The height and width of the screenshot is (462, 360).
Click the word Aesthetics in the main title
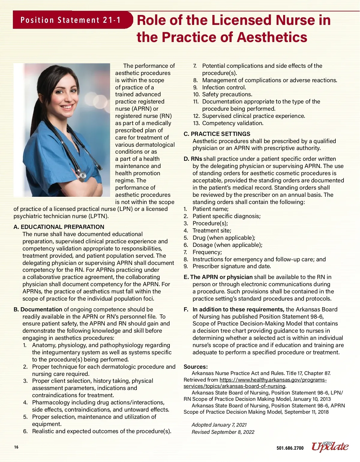tap(272, 37)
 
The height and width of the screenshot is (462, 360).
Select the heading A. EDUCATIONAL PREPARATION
tap(59, 227)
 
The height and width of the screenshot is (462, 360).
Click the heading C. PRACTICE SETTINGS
tap(217, 134)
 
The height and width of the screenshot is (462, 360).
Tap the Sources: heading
tap(196, 367)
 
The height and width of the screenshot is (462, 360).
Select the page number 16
tap(16, 447)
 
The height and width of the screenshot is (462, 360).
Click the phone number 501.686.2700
tap(290, 448)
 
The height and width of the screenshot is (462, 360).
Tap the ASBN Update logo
tap(330, 447)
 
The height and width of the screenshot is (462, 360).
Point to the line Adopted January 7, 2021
tap(219, 425)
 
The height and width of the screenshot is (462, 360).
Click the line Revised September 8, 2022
tap(223, 432)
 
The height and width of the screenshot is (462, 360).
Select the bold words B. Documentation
tap(38, 309)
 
